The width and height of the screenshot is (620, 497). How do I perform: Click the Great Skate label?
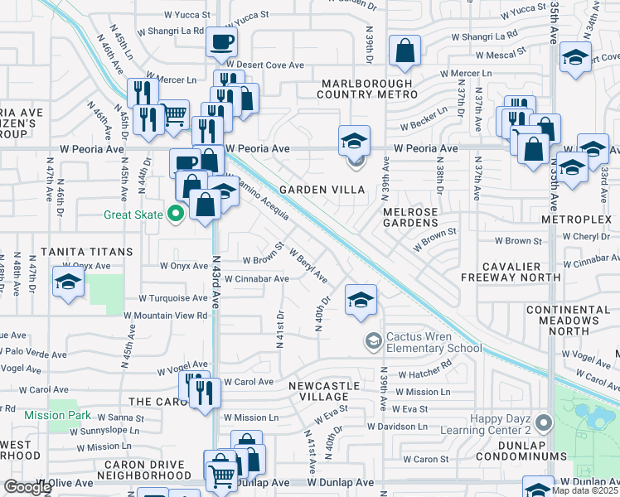[133, 215]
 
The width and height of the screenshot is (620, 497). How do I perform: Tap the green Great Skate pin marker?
[175, 215]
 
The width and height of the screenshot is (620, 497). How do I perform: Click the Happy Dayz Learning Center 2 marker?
[543, 423]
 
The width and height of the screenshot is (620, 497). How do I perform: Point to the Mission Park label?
[57, 415]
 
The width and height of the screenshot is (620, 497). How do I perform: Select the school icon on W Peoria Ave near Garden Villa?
[354, 141]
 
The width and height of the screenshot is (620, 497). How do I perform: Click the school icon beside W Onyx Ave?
[67, 281]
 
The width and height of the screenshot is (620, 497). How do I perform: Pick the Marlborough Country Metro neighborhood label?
[368, 89]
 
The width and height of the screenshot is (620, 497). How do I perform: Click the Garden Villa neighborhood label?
[322, 190]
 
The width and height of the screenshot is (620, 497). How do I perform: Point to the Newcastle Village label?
[324, 391]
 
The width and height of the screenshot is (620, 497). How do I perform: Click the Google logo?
[27, 487]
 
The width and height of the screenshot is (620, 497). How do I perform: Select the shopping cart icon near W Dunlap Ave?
[222, 475]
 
